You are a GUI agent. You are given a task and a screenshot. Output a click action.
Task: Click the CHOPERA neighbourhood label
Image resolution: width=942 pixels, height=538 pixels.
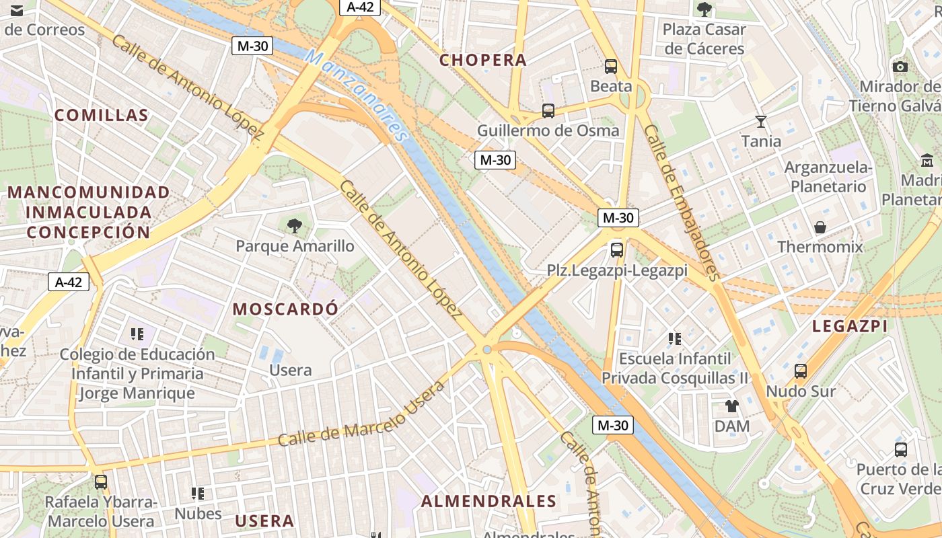pyautogui.click(x=482, y=60)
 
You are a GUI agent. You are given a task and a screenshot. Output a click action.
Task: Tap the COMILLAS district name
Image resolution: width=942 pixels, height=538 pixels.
pyautogui.click(x=101, y=115)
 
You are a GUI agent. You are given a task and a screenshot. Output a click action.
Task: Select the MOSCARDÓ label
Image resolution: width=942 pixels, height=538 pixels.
pyautogui.click(x=285, y=309)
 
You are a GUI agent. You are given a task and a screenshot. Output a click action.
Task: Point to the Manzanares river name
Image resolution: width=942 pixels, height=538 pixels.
pyautogui.click(x=357, y=94)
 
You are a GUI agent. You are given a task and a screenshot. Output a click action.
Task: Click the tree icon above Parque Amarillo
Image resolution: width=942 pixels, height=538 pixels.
pyautogui.click(x=295, y=226)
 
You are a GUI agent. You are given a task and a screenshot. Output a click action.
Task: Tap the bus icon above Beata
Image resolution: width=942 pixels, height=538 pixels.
pyautogui.click(x=611, y=67)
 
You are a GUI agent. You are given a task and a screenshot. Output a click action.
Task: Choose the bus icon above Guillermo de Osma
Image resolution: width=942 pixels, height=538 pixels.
pyautogui.click(x=548, y=111)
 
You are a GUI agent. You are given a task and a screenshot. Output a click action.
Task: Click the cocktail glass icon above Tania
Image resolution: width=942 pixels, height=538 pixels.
pyautogui.click(x=761, y=122)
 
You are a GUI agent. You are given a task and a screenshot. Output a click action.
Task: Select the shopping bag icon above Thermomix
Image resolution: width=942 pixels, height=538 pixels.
pyautogui.click(x=820, y=227)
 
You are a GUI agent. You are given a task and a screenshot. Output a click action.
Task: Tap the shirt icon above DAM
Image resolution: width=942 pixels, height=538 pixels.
pyautogui.click(x=732, y=406)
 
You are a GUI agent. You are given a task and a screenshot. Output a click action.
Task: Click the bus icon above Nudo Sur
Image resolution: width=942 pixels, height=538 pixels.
pyautogui.click(x=801, y=371)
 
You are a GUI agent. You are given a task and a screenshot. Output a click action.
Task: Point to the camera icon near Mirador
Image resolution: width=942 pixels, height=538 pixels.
pyautogui.click(x=900, y=67)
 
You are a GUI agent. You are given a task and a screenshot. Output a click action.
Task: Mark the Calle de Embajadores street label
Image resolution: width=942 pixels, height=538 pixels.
pyautogui.click(x=682, y=202)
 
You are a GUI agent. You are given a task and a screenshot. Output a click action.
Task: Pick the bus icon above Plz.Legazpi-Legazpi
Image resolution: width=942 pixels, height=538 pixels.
pyautogui.click(x=617, y=250)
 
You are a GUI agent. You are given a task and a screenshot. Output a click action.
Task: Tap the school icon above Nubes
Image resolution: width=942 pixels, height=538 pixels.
pyautogui.click(x=198, y=494)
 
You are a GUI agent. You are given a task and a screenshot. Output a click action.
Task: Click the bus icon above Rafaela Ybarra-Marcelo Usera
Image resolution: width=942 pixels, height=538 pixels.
pyautogui.click(x=101, y=482)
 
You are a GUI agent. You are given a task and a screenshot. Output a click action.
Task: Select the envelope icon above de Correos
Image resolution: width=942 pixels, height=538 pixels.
pyautogui.click(x=17, y=11)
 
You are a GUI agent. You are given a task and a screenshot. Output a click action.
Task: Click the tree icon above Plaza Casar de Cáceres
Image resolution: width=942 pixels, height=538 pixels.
pyautogui.click(x=704, y=9)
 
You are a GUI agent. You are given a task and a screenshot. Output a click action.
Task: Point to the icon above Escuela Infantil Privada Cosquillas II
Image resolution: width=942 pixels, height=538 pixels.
pyautogui.click(x=675, y=338)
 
